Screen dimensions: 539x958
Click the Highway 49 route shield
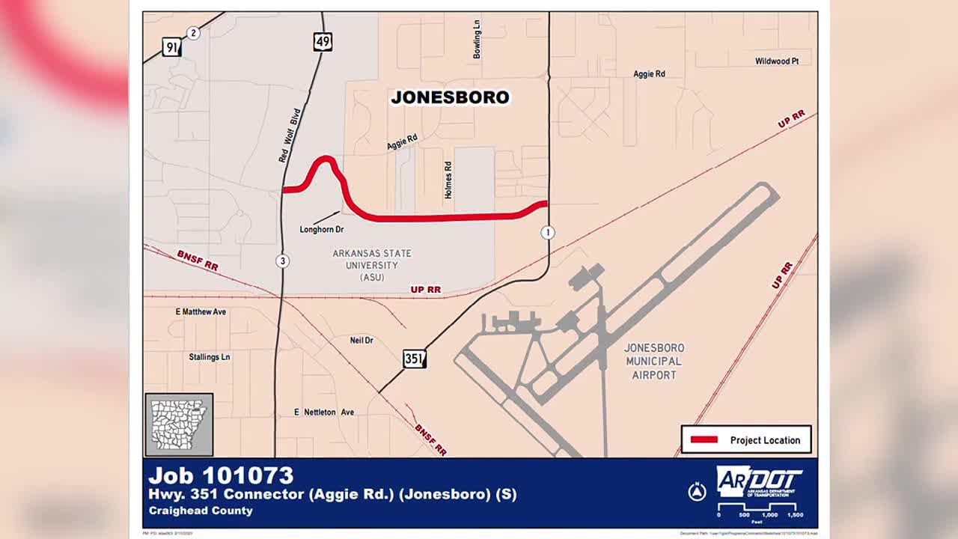323,42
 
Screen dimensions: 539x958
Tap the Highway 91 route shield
172,49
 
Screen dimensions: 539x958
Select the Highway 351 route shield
415,359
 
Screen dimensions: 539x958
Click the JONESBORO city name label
450,97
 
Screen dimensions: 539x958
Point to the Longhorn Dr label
321,230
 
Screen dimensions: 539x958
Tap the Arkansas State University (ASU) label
372,265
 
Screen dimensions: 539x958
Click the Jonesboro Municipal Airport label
654,362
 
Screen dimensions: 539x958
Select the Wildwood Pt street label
777,61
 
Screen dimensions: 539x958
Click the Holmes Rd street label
448,180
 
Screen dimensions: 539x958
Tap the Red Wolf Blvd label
289,135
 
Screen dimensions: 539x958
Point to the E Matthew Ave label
201,311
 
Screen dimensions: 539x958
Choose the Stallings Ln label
210,357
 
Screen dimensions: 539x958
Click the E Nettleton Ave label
324,412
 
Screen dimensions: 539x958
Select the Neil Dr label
361,341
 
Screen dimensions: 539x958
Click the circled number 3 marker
282,261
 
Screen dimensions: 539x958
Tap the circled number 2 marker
193,33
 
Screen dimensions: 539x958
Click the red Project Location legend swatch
704,440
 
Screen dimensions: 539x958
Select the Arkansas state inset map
179,424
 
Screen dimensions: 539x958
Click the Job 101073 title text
221,475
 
